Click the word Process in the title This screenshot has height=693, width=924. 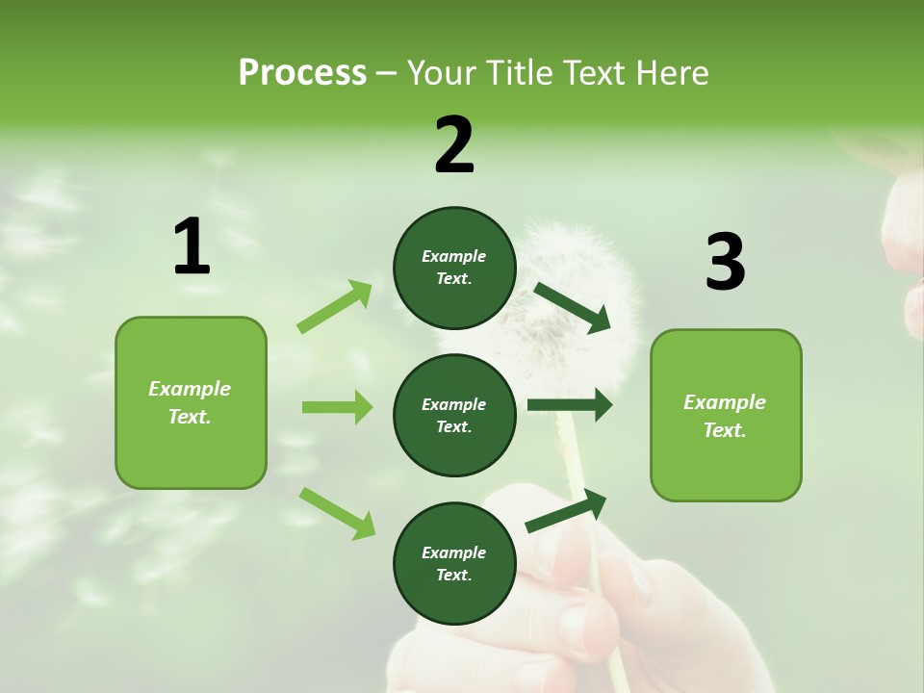(x=302, y=73)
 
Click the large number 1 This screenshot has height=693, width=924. (x=192, y=247)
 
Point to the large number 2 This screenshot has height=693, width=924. (x=454, y=145)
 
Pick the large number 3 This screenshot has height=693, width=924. (x=725, y=263)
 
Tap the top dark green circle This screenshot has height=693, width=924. (x=454, y=268)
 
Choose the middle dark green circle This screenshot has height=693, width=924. (x=454, y=415)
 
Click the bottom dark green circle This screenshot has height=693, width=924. (x=454, y=563)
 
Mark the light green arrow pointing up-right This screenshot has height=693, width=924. (x=334, y=307)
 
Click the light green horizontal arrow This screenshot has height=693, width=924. (x=337, y=407)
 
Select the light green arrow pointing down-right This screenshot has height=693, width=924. (x=337, y=512)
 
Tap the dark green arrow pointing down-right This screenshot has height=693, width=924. (x=573, y=308)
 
